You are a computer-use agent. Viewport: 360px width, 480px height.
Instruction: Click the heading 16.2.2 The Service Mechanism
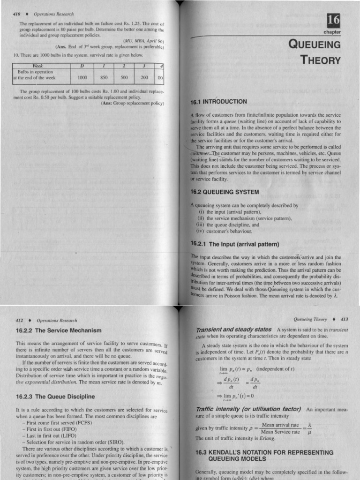[55, 330]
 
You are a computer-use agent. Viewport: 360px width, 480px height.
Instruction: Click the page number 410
[18, 14]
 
